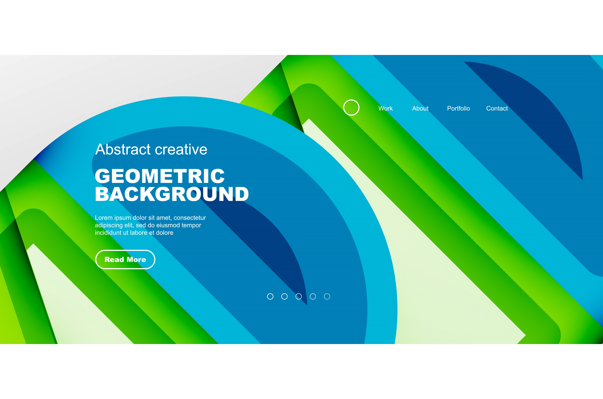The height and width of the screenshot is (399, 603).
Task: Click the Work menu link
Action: click(385, 108)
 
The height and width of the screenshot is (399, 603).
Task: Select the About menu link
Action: click(420, 108)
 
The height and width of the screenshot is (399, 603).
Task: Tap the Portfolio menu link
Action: click(458, 108)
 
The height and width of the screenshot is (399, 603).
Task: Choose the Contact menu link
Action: click(497, 108)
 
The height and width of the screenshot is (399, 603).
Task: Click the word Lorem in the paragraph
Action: click(104, 218)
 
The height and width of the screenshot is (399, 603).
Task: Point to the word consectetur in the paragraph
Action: click(190, 218)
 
